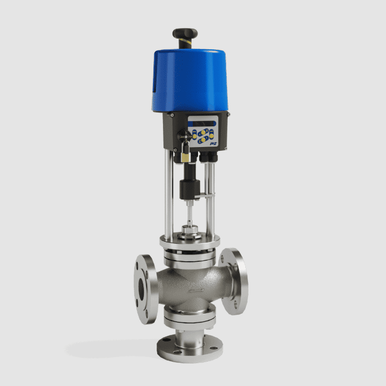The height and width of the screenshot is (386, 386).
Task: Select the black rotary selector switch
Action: (x=186, y=136)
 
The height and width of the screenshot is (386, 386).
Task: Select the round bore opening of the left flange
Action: (x=142, y=290)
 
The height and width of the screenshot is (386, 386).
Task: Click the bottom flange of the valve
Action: (x=189, y=351)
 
